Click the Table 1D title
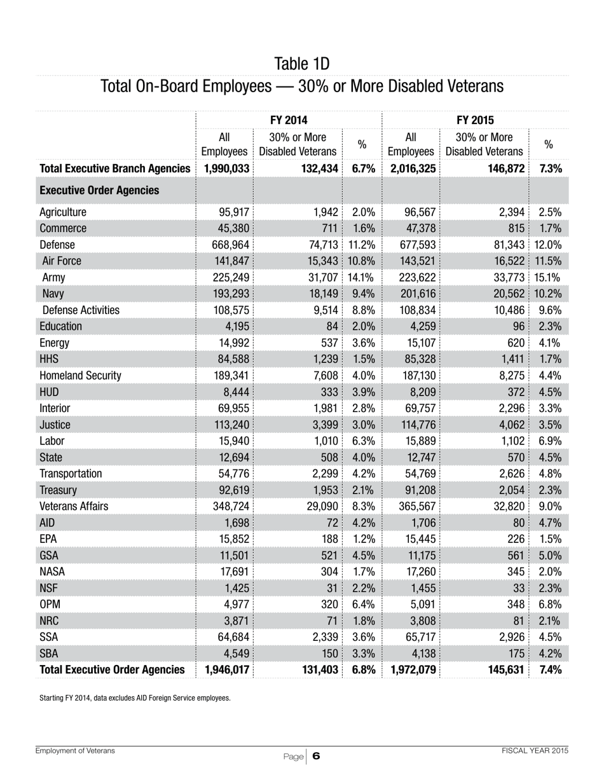coord(302,64)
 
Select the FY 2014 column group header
coord(289,120)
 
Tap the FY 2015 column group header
coord(476,120)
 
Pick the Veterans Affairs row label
coord(74,506)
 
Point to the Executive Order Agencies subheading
coord(99,190)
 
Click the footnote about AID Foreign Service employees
coord(135,698)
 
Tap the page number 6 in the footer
coord(316,756)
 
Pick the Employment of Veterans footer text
coord(75,751)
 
